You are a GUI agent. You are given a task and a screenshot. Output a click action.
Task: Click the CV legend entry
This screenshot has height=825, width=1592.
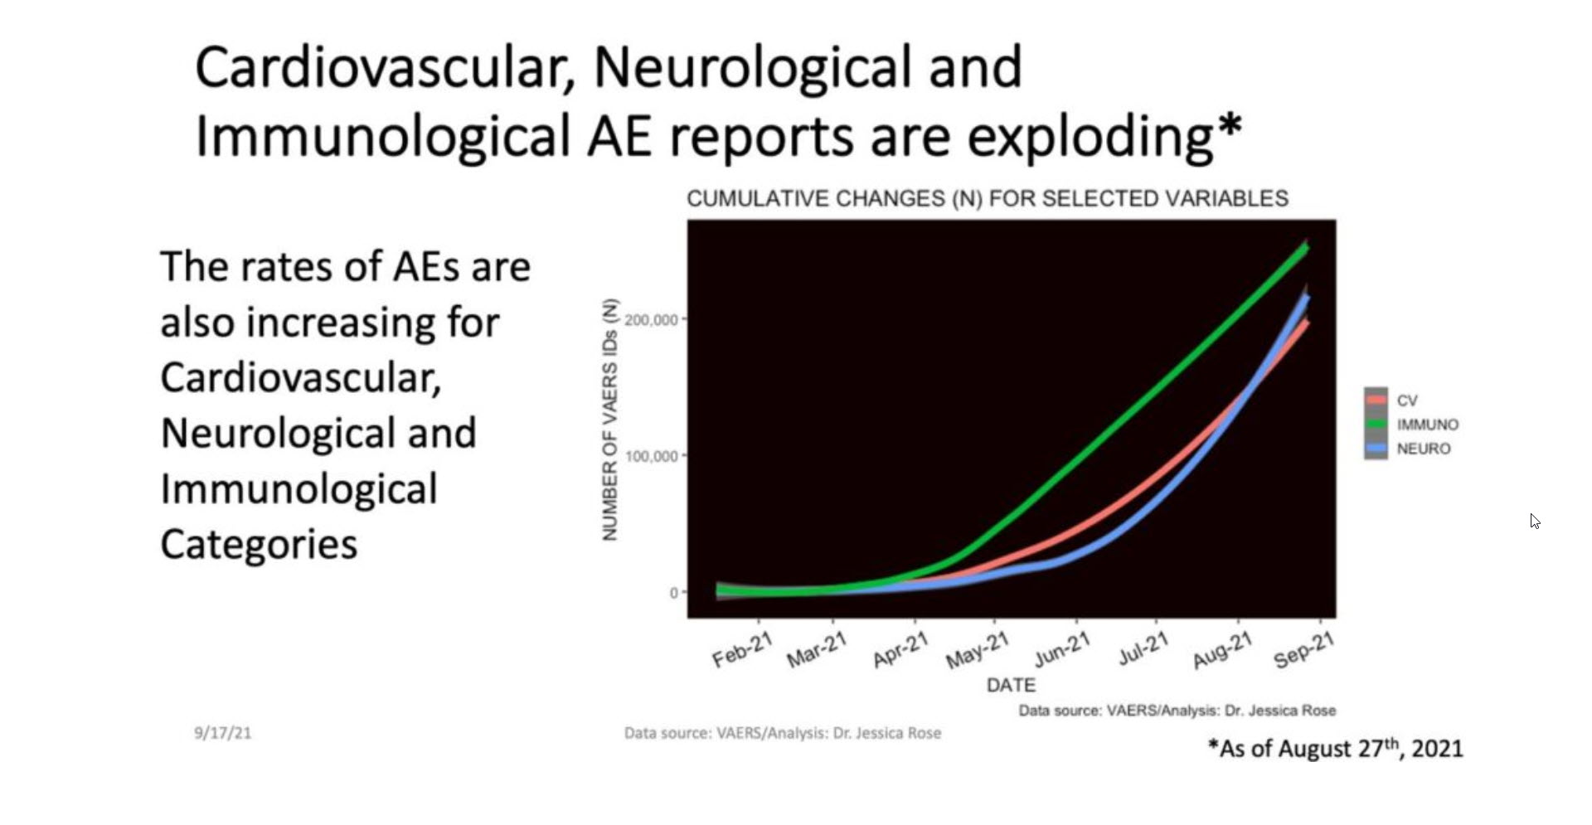click(x=1393, y=400)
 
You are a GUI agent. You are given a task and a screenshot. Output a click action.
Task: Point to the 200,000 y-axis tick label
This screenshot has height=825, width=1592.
click(x=651, y=319)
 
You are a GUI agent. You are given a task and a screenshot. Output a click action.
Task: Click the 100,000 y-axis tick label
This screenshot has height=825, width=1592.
click(x=651, y=455)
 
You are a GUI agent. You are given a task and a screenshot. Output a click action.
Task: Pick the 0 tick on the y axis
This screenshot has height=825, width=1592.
click(x=674, y=592)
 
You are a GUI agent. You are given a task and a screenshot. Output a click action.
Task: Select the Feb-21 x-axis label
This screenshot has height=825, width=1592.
click(x=742, y=649)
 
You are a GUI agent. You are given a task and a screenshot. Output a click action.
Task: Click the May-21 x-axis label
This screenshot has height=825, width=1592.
click(x=978, y=649)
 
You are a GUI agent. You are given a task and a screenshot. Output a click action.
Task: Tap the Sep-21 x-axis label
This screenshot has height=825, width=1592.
click(x=1304, y=649)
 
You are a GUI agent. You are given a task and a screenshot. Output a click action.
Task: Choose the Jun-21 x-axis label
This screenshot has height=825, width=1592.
click(x=1062, y=649)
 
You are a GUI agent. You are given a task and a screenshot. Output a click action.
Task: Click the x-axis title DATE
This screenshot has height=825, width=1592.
click(x=1011, y=685)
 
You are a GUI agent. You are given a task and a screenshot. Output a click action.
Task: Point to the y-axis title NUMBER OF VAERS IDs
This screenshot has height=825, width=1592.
click(x=610, y=420)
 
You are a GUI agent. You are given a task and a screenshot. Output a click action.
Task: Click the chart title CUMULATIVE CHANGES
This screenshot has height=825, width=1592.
click(x=988, y=199)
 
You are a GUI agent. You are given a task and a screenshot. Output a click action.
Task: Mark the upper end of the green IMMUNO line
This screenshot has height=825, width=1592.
click(x=1307, y=246)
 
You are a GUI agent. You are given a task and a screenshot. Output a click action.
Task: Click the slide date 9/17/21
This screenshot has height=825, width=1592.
click(x=223, y=733)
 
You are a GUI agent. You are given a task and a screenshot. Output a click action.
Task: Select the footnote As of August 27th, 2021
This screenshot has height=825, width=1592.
click(x=1336, y=748)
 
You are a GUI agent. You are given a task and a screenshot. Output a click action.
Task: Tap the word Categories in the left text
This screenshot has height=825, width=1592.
click(x=259, y=544)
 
